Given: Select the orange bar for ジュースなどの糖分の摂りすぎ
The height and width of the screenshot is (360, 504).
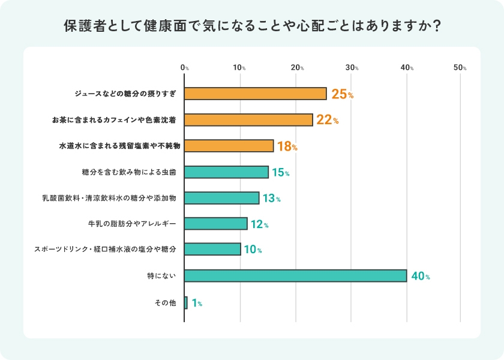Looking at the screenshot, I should tap(256, 94).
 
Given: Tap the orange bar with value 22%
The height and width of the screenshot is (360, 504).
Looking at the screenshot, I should tap(248, 119).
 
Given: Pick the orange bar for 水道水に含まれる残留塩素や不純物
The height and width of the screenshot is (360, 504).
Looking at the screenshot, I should tap(229, 146).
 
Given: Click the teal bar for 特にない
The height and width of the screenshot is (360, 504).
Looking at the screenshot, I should tap(295, 275).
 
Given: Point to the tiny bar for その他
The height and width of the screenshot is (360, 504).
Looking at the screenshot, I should tap(186, 302).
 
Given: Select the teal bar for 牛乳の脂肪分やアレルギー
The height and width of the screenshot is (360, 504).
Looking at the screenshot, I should tap(216, 224).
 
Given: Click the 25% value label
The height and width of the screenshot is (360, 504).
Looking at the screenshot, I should tap(342, 94).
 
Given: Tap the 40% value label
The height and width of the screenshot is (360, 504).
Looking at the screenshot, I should tap(421, 277).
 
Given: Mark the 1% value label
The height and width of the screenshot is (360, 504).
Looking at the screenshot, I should tap(197, 304).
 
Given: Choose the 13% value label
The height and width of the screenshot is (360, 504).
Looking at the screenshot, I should tap(271, 199).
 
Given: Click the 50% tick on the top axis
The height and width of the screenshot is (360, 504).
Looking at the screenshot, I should tap(460, 68).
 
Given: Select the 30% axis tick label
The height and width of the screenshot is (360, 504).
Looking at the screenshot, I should tap(352, 68).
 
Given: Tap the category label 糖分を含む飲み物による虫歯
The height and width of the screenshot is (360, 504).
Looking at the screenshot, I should tap(129, 172).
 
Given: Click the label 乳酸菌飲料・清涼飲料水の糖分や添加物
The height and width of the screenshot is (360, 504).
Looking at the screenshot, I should tap(109, 198).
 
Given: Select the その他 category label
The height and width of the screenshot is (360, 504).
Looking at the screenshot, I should tap(166, 303).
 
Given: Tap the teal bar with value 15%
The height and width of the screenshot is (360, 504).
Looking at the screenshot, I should tap(226, 172).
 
